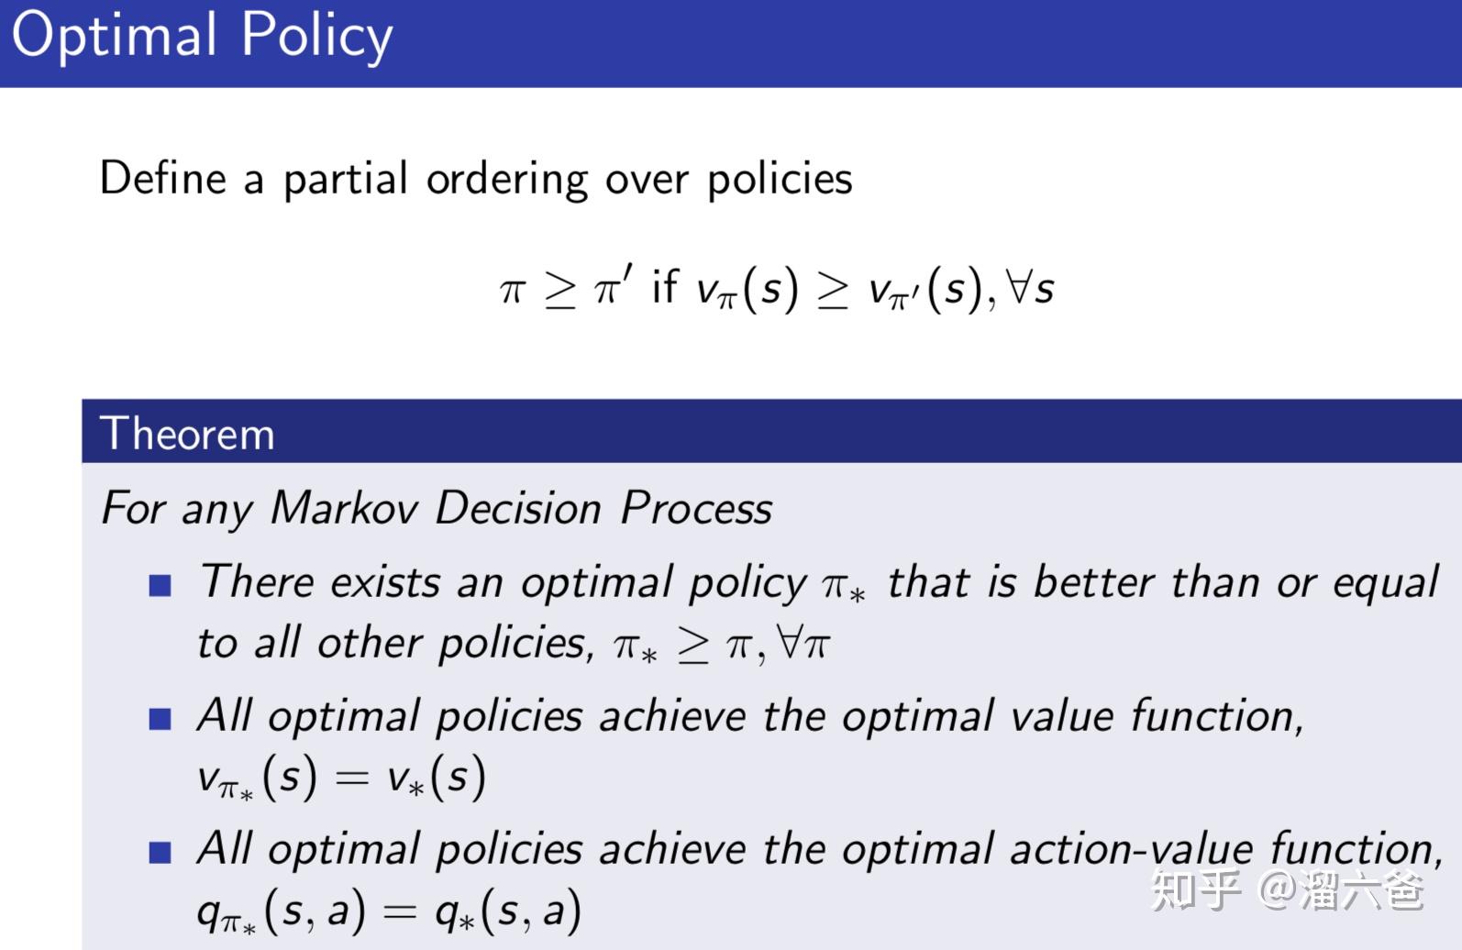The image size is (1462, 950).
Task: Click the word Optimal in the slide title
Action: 115,37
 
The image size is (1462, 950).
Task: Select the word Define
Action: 162,178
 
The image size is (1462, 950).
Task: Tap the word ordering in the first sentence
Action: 506,180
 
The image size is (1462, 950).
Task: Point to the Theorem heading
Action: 187,433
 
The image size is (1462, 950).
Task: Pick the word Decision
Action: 517,508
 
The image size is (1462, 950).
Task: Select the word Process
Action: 696,508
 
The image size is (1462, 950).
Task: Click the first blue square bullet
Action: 161,585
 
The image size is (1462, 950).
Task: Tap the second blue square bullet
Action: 161,719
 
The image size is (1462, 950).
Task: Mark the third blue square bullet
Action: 161,853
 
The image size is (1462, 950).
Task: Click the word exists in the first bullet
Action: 385,583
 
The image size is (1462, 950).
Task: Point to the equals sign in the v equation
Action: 352,779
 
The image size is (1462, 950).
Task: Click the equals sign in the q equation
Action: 399,912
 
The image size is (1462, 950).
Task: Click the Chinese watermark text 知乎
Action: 1196,889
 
